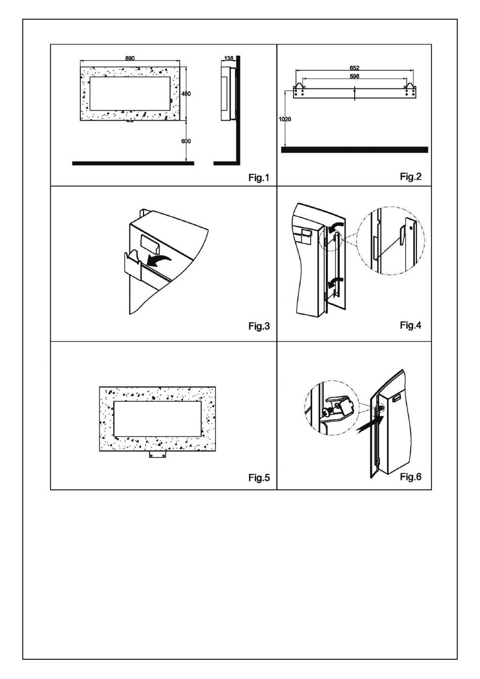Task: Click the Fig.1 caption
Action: (259, 177)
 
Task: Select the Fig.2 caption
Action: (410, 176)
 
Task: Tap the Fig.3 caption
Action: (259, 326)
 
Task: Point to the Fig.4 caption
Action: (410, 325)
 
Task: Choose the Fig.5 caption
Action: (259, 477)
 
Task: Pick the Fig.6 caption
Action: (410, 476)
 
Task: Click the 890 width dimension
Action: (130, 59)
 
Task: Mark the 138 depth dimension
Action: (229, 59)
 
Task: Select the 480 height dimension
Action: (186, 94)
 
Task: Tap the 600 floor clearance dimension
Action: (186, 141)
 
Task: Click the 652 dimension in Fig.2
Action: (354, 68)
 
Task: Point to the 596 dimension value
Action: (354, 76)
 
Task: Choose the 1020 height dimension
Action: (285, 119)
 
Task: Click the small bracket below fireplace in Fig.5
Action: (158, 455)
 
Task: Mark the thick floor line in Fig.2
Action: (354, 150)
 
